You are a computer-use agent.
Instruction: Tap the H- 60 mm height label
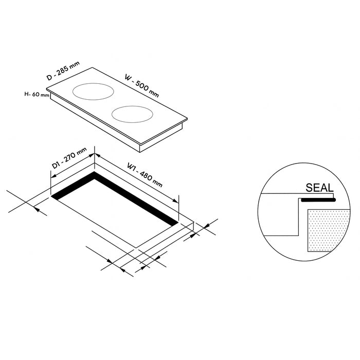[37, 94]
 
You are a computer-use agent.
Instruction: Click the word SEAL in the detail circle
[319, 188]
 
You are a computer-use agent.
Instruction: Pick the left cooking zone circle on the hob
[94, 92]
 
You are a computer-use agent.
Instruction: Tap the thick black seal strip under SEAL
[318, 200]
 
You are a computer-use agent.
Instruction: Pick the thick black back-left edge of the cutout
[72, 186]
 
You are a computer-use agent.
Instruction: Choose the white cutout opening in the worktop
[118, 211]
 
